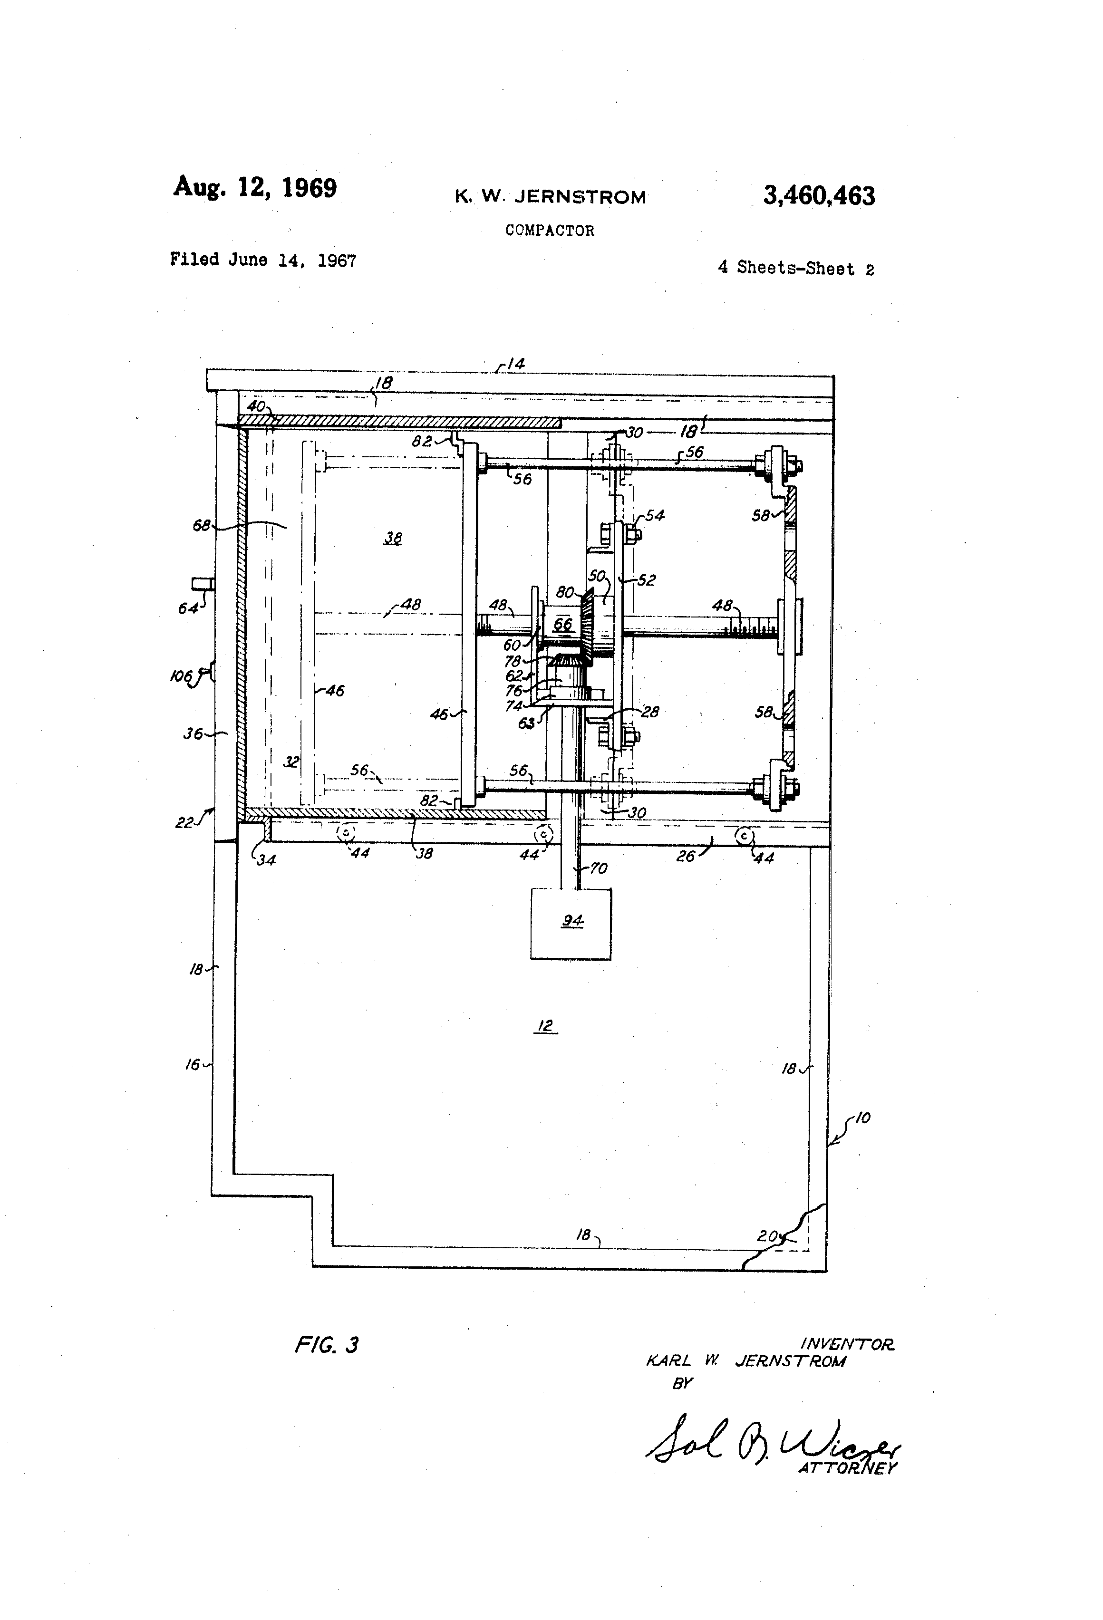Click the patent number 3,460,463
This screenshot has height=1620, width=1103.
click(819, 196)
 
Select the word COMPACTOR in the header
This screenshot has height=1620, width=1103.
click(550, 231)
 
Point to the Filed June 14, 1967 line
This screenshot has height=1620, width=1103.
click(263, 260)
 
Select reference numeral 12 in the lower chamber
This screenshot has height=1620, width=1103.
click(545, 1025)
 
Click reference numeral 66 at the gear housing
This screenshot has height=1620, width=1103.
click(562, 624)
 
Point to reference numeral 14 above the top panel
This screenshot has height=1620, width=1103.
click(515, 363)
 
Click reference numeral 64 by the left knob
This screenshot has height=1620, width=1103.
click(187, 608)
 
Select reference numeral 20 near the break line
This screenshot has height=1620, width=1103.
click(767, 1236)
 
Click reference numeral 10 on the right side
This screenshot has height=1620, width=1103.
click(862, 1118)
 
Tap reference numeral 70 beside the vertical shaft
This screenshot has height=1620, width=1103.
click(598, 868)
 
